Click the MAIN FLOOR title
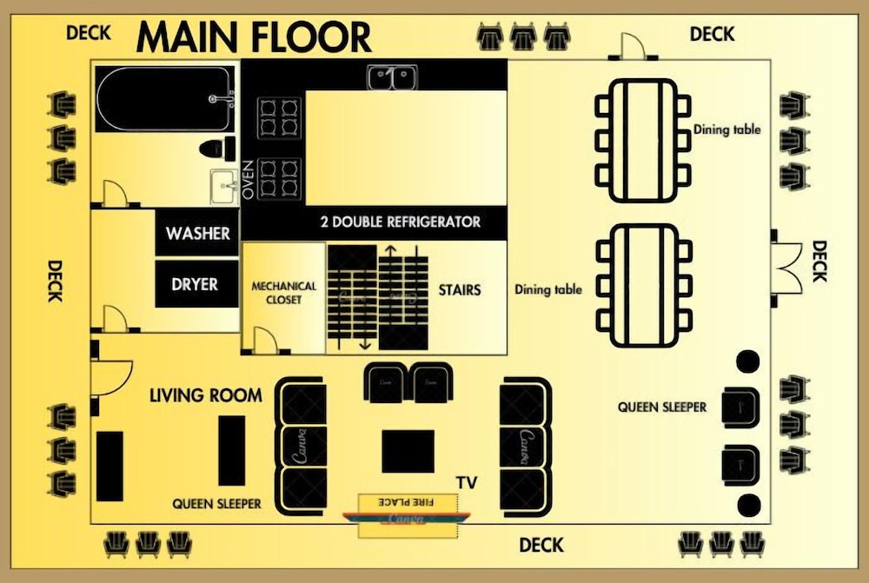coord(254,37)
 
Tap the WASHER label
coord(198,234)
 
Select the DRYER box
coord(196,284)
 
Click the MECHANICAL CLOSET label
coord(284,293)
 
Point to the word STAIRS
coord(460,290)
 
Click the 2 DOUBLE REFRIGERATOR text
coord(401,222)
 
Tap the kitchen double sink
coord(393,77)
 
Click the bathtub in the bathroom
coord(165,99)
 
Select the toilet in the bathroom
coord(216,149)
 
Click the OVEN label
coord(248,180)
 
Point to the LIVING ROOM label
coord(206,395)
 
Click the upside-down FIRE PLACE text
coord(406,502)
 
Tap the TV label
coord(467,483)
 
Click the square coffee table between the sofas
coord(408,451)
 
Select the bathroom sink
coord(224,187)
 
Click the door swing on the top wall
coord(633,46)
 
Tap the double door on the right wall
coord(787,268)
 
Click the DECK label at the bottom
coord(541,546)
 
